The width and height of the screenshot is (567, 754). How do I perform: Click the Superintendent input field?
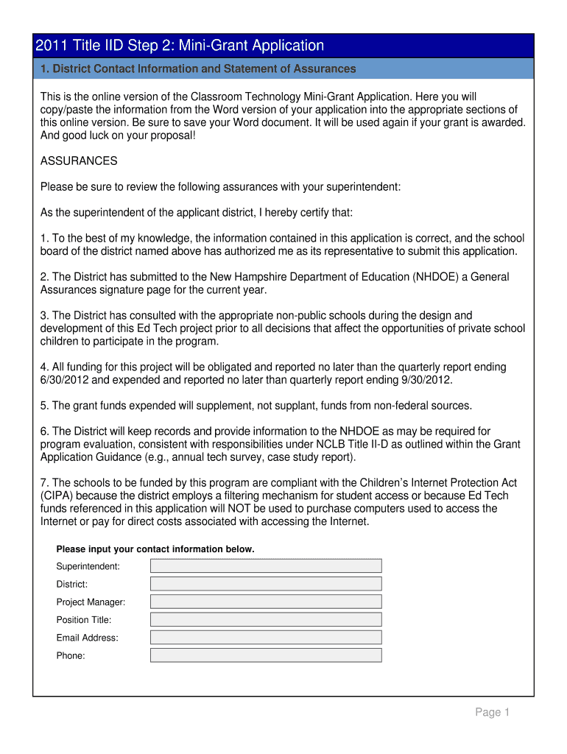pos(266,565)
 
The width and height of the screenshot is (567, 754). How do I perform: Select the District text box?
pos(266,584)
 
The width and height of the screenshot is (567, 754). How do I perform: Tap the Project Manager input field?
pos(266,602)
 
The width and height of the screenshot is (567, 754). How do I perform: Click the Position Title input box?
pos(266,619)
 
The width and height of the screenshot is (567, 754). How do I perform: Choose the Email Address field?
pos(266,638)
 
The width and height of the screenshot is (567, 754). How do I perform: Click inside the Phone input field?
pos(266,655)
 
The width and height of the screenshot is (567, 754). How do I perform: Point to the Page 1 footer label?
pos(492,712)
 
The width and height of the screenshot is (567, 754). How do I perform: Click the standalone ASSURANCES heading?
pos(79,161)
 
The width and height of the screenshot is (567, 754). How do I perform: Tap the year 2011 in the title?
pos(50,46)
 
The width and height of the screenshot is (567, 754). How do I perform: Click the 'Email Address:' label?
pos(87,638)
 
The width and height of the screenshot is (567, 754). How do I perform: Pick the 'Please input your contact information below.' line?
pos(155,549)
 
